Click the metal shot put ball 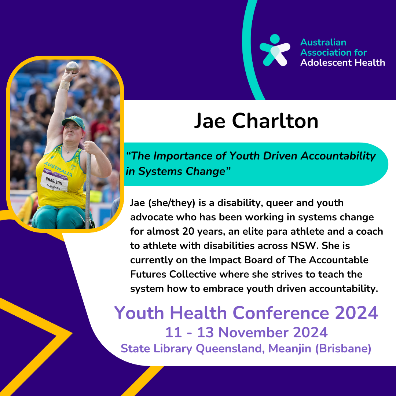pos(73,67)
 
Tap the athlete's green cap pos(73,122)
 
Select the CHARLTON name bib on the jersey pos(54,182)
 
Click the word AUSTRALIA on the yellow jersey pos(58,168)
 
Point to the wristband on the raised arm pos(65,85)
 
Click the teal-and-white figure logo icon pos(275,50)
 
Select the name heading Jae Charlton pos(256,121)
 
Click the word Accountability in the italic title pos(338,156)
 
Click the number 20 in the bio pos(188,231)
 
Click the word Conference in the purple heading pos(280,313)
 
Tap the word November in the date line pos(254,332)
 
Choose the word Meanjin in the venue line pos(290,349)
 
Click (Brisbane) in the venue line pos(343,349)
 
